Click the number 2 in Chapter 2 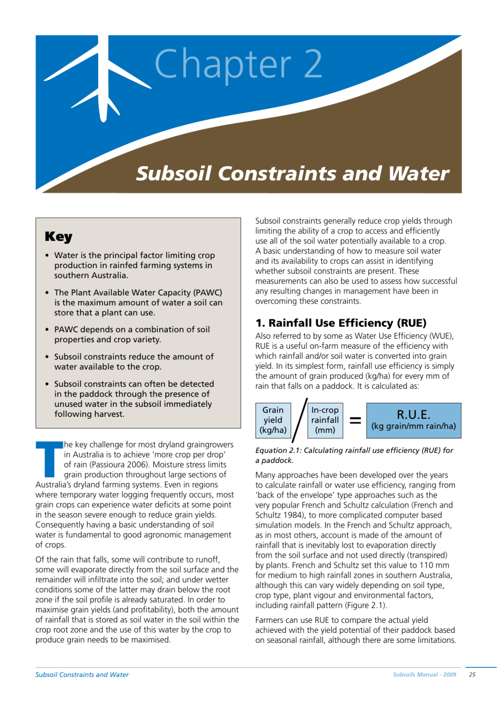[x=313, y=64]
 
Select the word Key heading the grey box [x=59, y=237]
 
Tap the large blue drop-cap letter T [x=49, y=458]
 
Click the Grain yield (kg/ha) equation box [x=273, y=420]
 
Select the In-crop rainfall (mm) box [x=325, y=420]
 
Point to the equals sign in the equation [x=355, y=420]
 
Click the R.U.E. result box [x=413, y=420]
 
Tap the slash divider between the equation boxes [x=300, y=420]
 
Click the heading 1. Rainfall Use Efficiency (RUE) [x=341, y=323]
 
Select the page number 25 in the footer [x=472, y=674]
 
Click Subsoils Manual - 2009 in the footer [x=424, y=674]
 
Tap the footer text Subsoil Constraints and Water [x=82, y=674]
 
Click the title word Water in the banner [x=419, y=174]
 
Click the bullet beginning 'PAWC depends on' [x=132, y=334]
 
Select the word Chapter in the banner [x=223, y=64]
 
